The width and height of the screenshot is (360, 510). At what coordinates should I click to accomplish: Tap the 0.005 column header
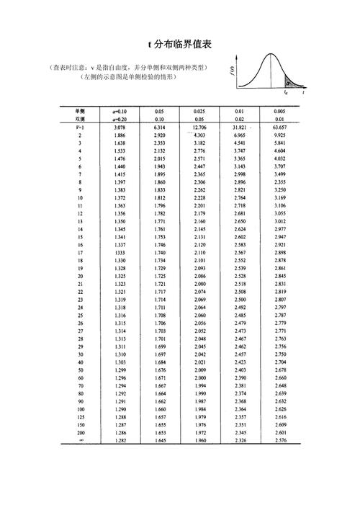pyautogui.click(x=280, y=111)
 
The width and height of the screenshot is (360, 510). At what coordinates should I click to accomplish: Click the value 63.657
pyautogui.click(x=280, y=127)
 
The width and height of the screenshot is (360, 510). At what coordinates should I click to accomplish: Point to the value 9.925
pyautogui.click(x=280, y=135)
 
